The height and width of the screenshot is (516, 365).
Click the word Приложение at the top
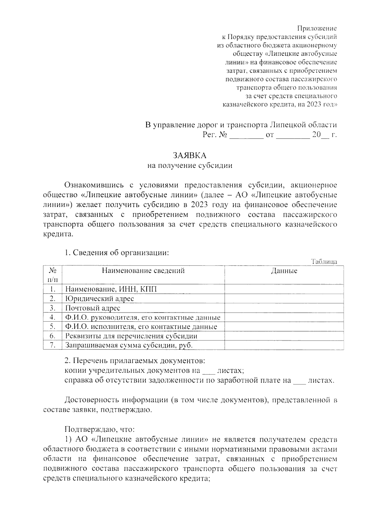pyautogui.click(x=317, y=29)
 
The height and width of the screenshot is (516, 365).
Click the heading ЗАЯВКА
pyautogui.click(x=189, y=156)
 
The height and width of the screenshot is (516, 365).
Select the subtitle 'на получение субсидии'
pyautogui.click(x=190, y=166)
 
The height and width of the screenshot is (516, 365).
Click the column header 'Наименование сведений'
pyautogui.click(x=143, y=270)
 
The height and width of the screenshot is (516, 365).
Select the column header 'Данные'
pyautogui.click(x=284, y=271)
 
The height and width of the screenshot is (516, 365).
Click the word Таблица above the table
pyautogui.click(x=324, y=262)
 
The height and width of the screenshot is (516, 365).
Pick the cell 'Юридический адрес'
pyautogui.click(x=99, y=298)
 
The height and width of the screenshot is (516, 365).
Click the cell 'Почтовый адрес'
pyautogui.click(x=93, y=308)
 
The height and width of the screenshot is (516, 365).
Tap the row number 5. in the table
pyautogui.click(x=52, y=327)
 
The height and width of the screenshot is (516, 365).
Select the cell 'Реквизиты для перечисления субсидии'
pyautogui.click(x=131, y=336)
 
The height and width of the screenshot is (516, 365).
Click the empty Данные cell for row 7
pyautogui.click(x=284, y=345)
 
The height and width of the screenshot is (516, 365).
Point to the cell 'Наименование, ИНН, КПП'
pyautogui.click(x=111, y=289)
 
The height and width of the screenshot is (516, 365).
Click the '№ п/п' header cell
pyautogui.click(x=52, y=274)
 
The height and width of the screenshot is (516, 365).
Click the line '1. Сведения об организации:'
pyautogui.click(x=116, y=253)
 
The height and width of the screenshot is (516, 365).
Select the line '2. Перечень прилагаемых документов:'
pyautogui.click(x=135, y=361)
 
